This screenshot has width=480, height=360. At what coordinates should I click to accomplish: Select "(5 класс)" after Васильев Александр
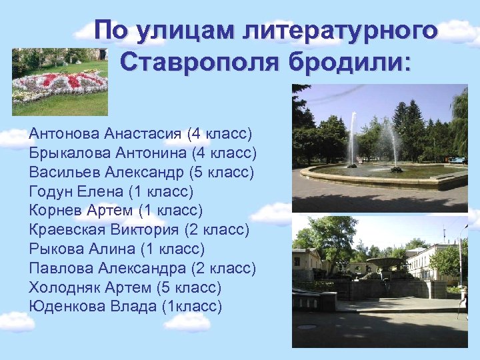click(x=222, y=173)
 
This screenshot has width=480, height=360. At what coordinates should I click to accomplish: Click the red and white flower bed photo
click(x=60, y=81)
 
